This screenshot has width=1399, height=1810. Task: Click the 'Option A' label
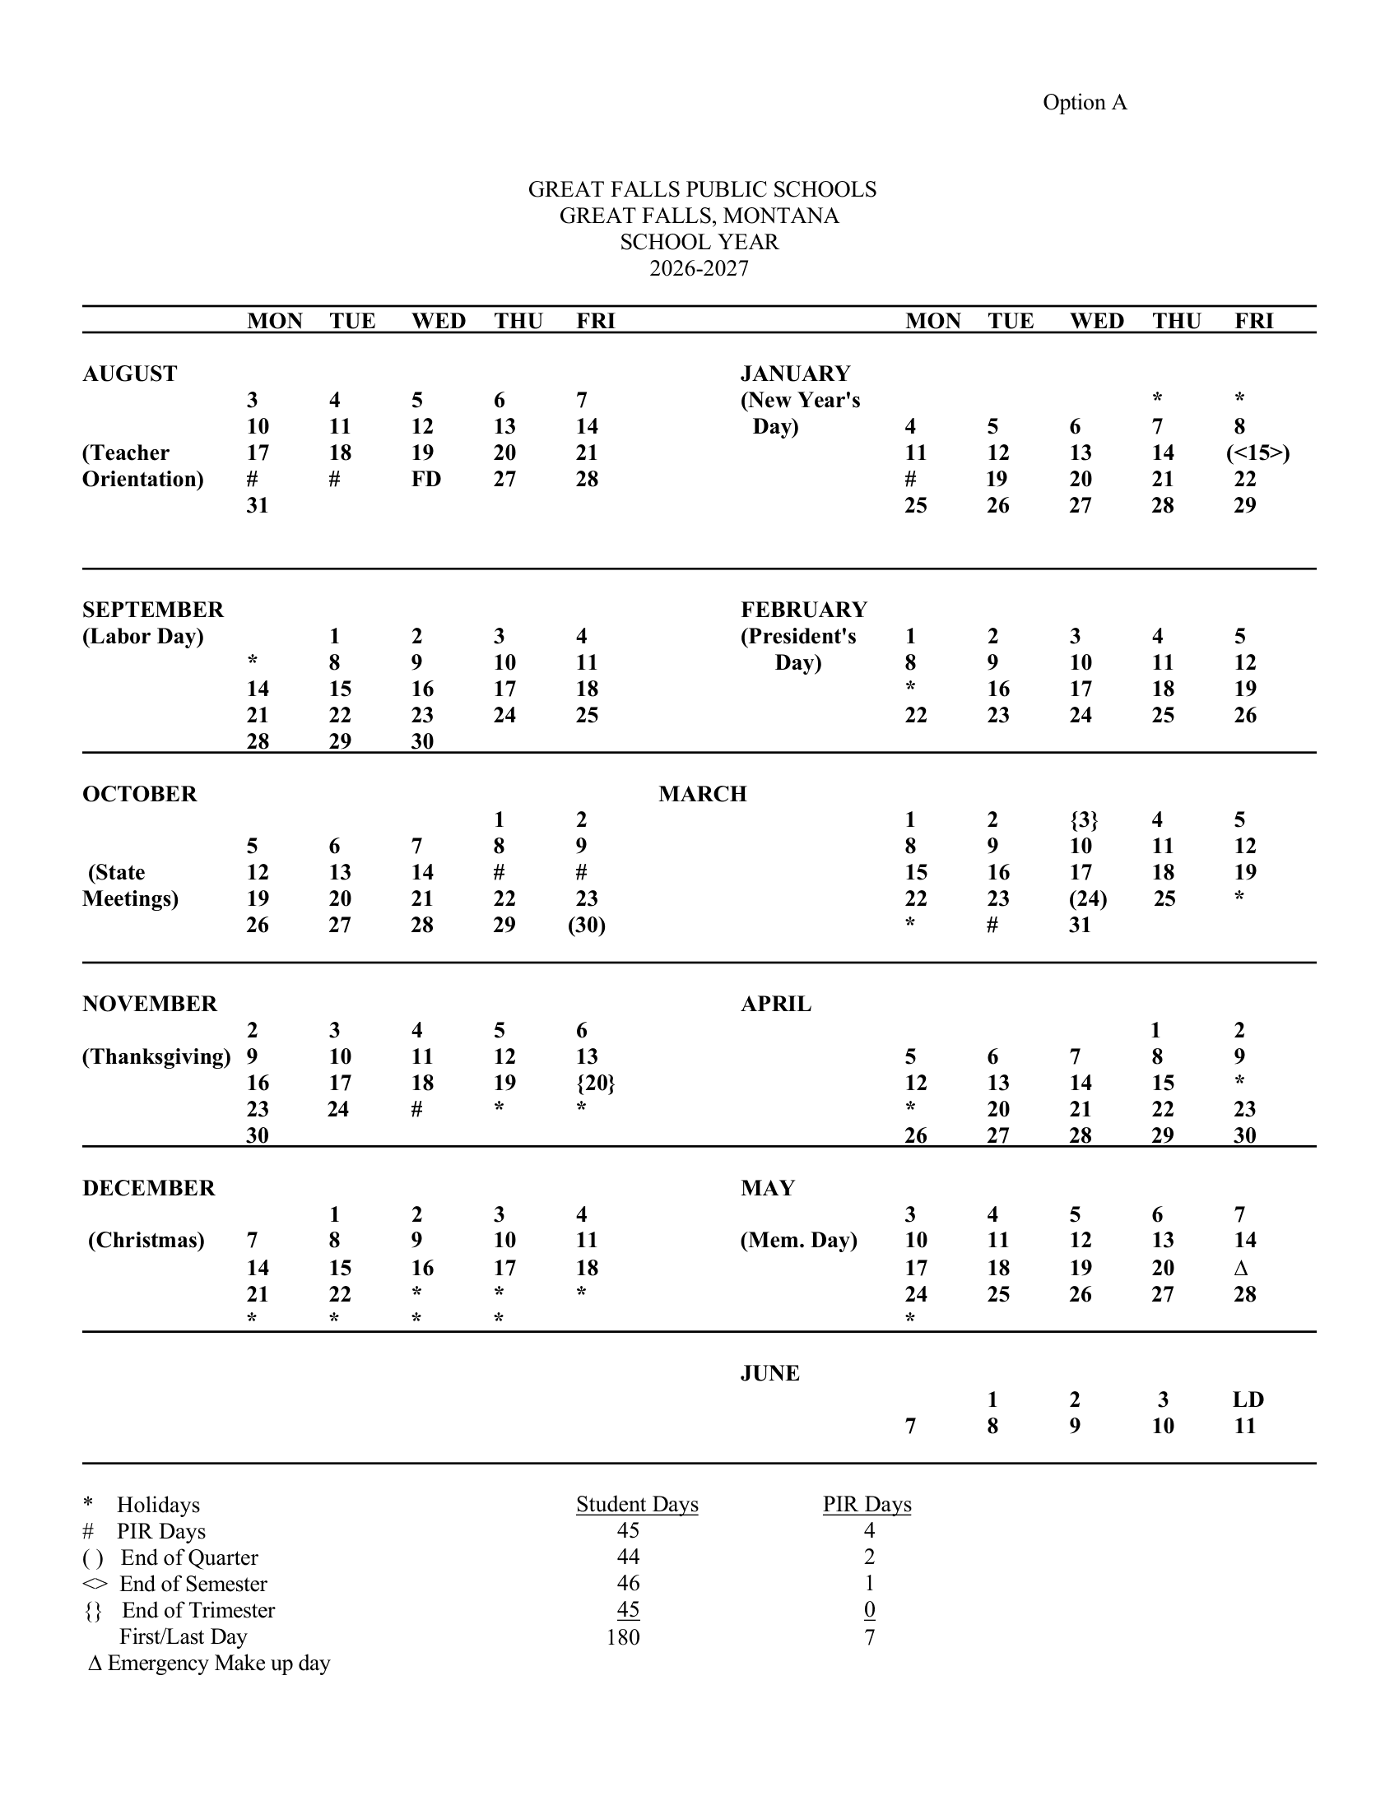[1084, 102]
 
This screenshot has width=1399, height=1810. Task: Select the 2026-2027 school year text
[699, 268]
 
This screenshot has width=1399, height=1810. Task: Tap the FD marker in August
[426, 479]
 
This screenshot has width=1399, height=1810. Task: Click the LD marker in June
[1248, 1399]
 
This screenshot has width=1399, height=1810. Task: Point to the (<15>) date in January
[1257, 452]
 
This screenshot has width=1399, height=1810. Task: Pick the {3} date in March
[1083, 819]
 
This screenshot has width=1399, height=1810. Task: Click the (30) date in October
[587, 925]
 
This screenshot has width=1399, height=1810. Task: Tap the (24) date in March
[1087, 898]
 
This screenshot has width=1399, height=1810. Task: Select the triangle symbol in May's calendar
[1241, 1268]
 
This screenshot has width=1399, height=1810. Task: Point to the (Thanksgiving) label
[156, 1056]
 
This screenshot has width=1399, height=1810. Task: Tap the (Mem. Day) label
[798, 1240]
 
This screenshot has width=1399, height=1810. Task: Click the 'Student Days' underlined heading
[636, 1504]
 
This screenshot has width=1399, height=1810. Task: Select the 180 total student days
[623, 1636]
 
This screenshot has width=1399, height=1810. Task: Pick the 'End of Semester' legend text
[193, 1584]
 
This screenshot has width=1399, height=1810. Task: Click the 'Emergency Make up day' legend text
[219, 1663]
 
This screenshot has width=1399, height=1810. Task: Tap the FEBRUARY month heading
[803, 609]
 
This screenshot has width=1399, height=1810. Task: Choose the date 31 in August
[258, 505]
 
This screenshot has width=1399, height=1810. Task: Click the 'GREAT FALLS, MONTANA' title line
[699, 216]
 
